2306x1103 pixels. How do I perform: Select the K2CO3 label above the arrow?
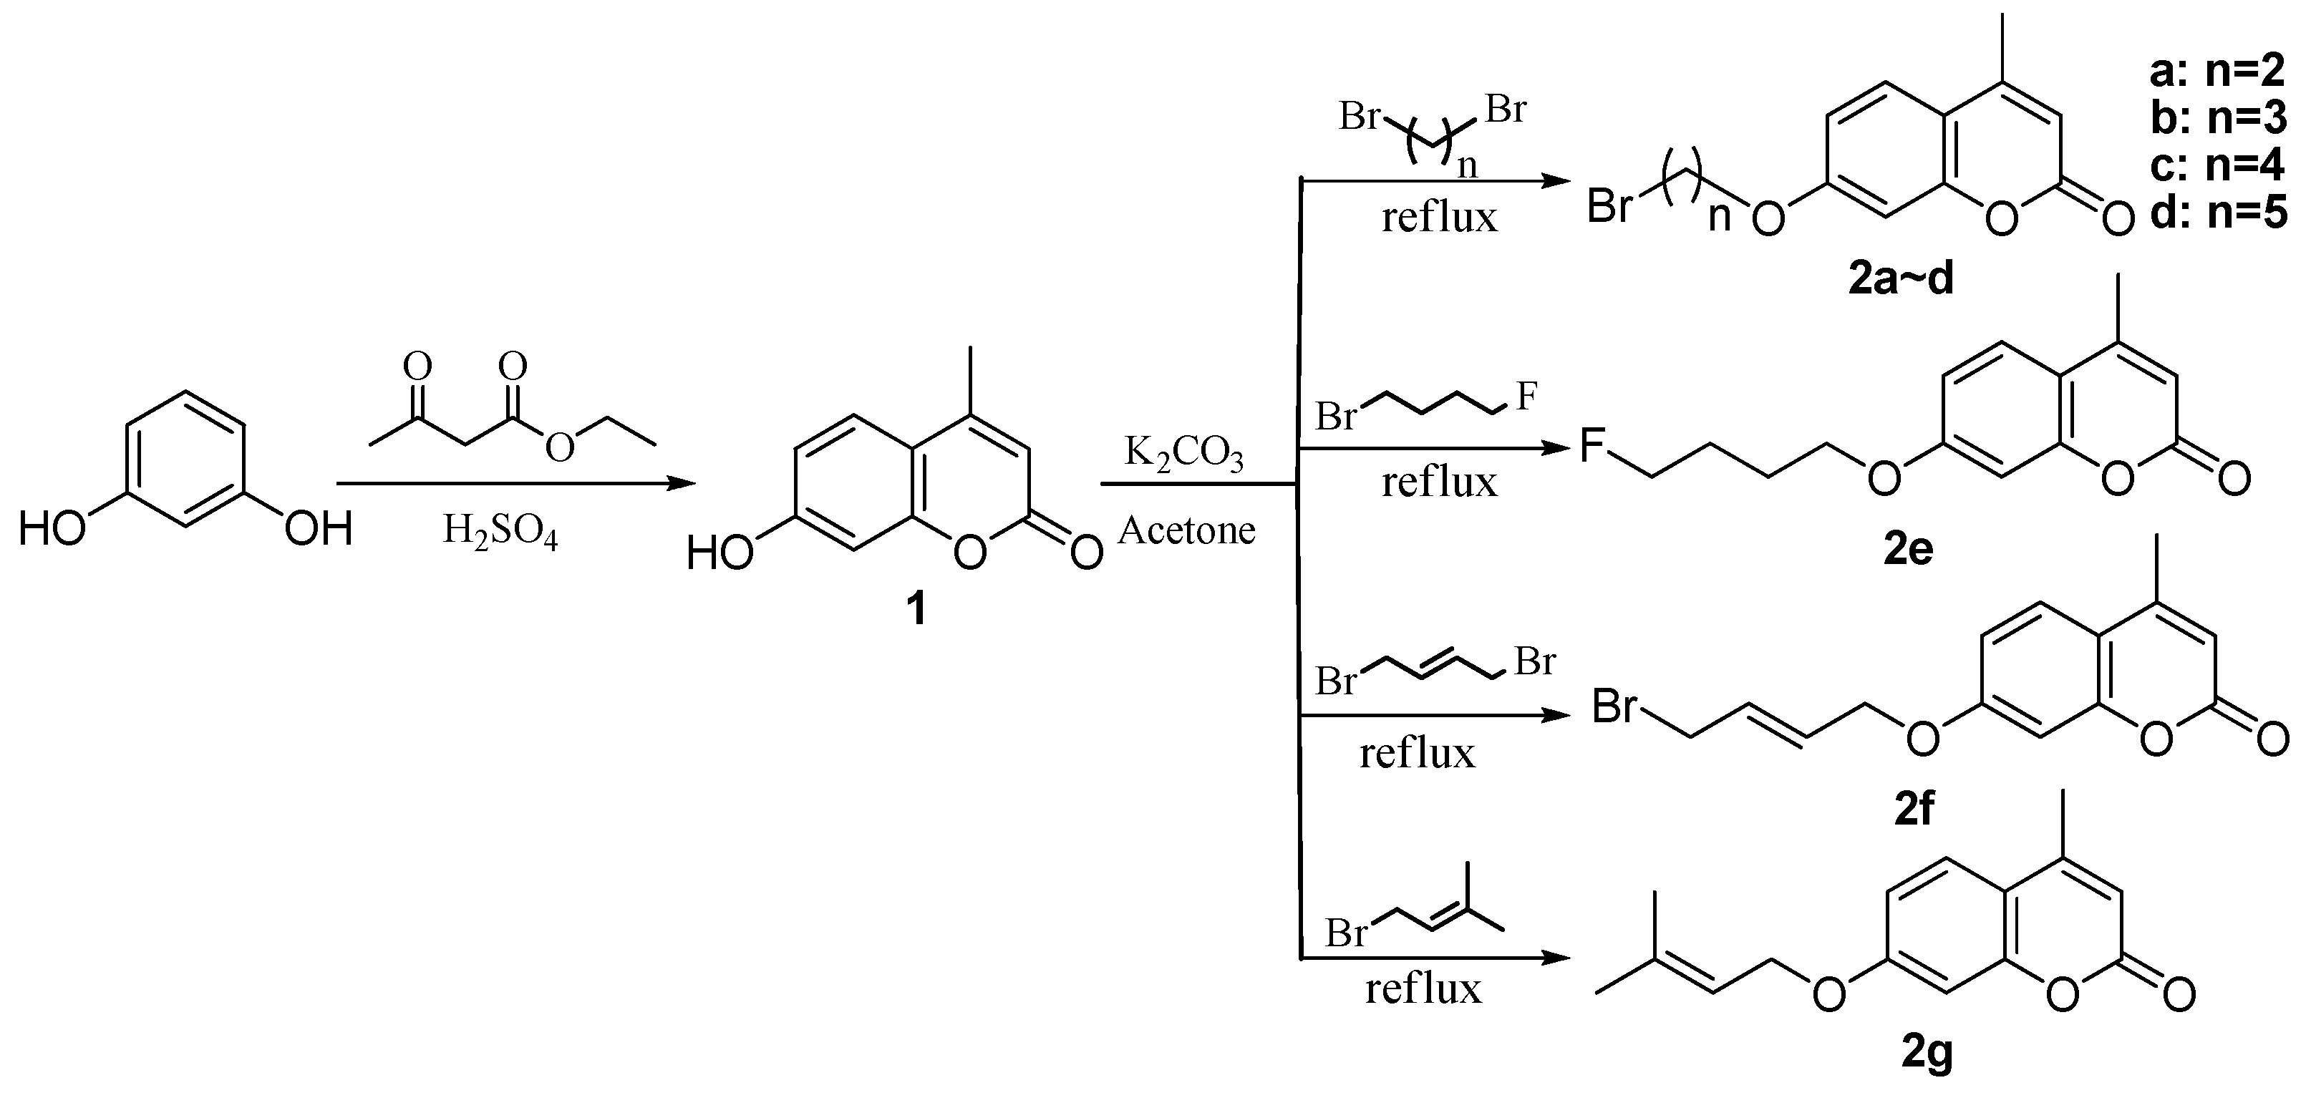1183,455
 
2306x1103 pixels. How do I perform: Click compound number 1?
915,611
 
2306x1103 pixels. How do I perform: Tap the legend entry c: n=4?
2217,165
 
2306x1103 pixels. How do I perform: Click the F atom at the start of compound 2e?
1591,445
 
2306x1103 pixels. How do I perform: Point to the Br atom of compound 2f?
1615,708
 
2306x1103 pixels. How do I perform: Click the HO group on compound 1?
719,553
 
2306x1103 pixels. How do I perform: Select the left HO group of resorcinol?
51,528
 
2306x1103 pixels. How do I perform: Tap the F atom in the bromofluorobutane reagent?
1526,396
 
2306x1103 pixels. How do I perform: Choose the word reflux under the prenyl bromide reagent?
1423,989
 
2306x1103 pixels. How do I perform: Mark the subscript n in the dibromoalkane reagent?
1467,167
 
